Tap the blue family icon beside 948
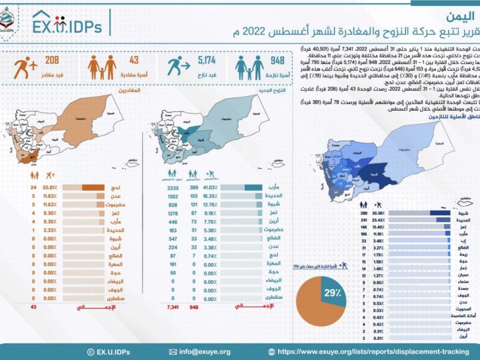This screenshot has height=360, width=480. click(247, 69)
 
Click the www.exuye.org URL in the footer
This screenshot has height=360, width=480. click(374, 351)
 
